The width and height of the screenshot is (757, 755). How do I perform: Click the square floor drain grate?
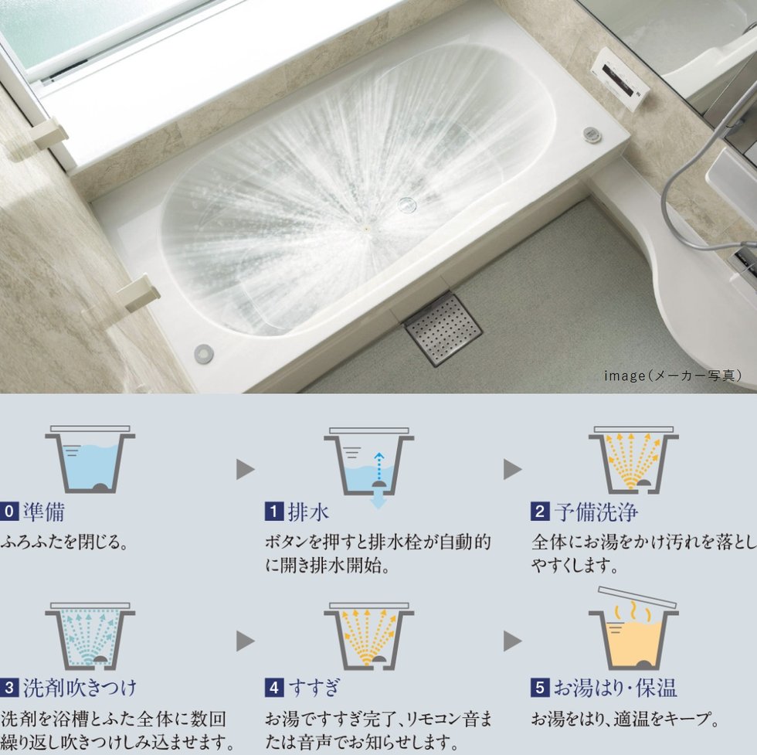[x=443, y=329]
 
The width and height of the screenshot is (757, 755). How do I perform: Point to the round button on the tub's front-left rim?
[x=203, y=354]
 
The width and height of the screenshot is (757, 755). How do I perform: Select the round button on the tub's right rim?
[x=591, y=134]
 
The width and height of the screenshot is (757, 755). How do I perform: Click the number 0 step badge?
[x=9, y=512]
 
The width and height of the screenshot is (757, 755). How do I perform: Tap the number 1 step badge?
[x=273, y=512]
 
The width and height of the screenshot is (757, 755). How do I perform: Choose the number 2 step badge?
[x=540, y=512]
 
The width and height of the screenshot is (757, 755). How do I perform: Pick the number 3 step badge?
[x=9, y=688]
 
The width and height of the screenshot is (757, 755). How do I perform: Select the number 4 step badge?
[x=273, y=688]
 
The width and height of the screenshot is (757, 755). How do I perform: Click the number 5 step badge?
[x=540, y=688]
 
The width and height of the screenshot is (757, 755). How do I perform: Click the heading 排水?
[x=308, y=512]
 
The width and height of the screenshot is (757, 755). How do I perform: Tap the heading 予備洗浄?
[x=596, y=512]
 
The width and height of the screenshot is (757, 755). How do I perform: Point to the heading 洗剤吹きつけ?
[x=80, y=688]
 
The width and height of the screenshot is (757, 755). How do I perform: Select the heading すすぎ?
[x=314, y=688]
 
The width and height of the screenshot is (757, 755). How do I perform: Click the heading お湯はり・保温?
[x=615, y=688]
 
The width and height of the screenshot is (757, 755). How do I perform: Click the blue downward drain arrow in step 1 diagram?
[x=378, y=501]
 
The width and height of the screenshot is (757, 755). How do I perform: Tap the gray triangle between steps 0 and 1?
[x=246, y=470]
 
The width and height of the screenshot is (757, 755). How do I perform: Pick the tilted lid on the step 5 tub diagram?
[x=637, y=597]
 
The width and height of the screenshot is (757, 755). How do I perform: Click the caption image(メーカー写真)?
[x=673, y=376]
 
